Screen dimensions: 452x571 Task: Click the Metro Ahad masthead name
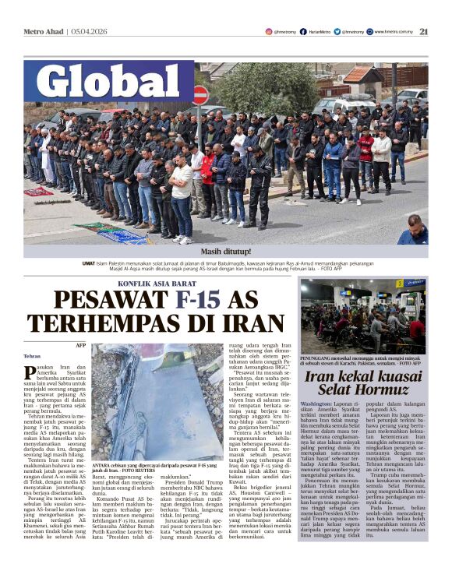click(44, 31)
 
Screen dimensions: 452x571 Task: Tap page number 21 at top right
click(424, 31)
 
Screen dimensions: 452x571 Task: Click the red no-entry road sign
click(201, 96)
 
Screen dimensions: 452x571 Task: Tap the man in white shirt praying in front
click(182, 195)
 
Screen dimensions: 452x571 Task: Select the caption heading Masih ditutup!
click(226, 252)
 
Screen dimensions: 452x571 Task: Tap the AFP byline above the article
click(81, 344)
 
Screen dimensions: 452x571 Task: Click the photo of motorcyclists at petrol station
click(363, 315)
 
